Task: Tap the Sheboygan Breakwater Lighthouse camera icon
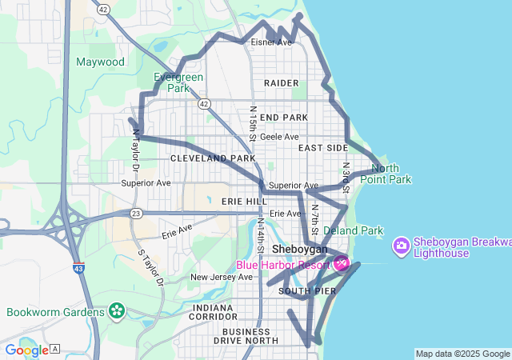tap(402, 244)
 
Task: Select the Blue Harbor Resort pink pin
tap(341, 262)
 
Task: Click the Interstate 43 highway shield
tap(78, 269)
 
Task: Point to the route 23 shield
tap(137, 214)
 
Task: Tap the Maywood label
tap(100, 62)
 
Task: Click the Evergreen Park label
tap(178, 82)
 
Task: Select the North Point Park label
tap(390, 174)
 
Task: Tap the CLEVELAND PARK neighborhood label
tap(213, 158)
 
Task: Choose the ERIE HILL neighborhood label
tap(244, 201)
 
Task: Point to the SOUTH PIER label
tap(307, 291)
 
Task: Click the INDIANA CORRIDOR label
tap(214, 312)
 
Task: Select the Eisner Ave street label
tap(271, 42)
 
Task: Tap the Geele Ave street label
tap(279, 137)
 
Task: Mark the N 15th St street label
tap(253, 124)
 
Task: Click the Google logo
tap(26, 350)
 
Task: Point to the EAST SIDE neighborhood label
tap(323, 148)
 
